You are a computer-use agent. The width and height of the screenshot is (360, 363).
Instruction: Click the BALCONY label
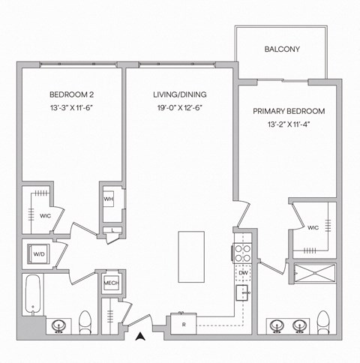[282, 49]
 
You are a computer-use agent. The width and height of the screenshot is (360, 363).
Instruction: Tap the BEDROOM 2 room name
[71, 95]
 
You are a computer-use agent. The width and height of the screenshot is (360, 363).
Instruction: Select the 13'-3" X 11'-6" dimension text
[71, 108]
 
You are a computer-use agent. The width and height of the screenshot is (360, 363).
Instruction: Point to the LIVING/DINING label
[179, 95]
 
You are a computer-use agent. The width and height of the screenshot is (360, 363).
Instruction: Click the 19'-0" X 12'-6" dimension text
[179, 108]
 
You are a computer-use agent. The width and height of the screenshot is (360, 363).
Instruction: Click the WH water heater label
[109, 199]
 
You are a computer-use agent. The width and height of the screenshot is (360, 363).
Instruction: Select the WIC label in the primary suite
[313, 226]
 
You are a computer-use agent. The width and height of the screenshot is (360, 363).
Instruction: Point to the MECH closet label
[110, 283]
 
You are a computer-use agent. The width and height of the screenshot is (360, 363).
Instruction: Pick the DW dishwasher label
[243, 273]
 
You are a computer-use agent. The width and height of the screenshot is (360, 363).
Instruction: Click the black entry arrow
[139, 337]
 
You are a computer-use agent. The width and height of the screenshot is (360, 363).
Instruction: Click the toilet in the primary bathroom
[325, 322]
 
